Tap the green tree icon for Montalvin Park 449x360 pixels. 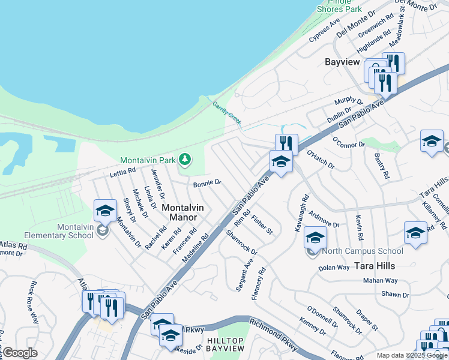(185, 159)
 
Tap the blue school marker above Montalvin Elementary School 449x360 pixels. (105, 210)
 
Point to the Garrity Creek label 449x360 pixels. (227, 113)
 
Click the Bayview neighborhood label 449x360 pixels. (342, 62)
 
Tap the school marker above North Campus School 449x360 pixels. (315, 237)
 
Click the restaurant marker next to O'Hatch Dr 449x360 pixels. (286, 144)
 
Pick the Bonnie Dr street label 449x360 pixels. (207, 183)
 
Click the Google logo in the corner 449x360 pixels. (20, 353)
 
